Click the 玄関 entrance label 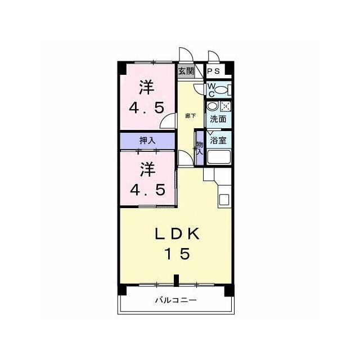tap(186, 71)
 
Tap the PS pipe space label tap(213, 71)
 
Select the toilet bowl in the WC tap(221, 89)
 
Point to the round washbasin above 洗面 tap(211, 106)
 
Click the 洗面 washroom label tap(218, 119)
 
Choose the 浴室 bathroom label tap(219, 140)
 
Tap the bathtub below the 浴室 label tap(219, 157)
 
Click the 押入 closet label tap(147, 140)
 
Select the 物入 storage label tap(200, 148)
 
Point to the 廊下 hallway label tap(191, 116)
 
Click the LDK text tap(177, 235)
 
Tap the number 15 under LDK tap(178, 254)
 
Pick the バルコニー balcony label tap(176, 300)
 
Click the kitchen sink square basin tap(224, 200)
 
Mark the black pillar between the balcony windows tap(176, 281)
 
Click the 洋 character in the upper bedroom tap(147, 88)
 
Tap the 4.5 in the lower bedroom tap(147, 190)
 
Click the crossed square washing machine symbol tap(226, 106)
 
